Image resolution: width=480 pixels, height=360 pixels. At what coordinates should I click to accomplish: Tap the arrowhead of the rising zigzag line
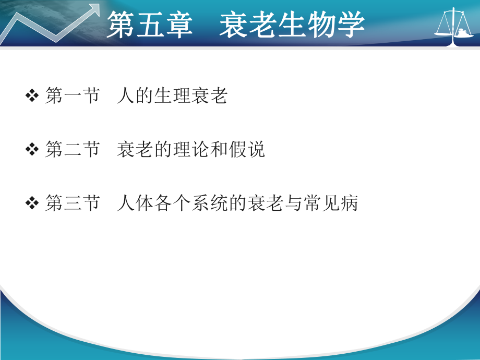point(94,9)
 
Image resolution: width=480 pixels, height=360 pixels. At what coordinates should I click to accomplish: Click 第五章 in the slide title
point(150,25)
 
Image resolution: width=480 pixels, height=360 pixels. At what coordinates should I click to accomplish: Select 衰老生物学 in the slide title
point(292,25)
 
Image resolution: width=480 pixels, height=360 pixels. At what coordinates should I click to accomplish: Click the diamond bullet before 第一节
point(32,96)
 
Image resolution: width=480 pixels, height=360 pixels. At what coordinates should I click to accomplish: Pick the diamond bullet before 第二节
point(32,150)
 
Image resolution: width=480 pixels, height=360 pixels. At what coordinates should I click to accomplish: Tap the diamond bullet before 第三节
point(32,203)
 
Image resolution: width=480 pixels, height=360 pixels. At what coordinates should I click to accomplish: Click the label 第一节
point(72,96)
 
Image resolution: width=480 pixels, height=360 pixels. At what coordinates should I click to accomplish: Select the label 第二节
point(72,150)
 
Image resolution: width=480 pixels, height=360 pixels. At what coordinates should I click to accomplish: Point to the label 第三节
point(72,203)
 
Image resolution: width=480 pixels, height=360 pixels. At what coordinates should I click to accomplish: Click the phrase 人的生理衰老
point(172,96)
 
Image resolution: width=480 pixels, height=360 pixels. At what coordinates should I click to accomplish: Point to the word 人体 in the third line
point(135,203)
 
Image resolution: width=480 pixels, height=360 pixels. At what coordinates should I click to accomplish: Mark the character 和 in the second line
point(219,150)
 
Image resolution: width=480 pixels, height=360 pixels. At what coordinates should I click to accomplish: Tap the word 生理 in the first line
point(172,96)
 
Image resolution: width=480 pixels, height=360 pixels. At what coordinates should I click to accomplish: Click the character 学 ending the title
point(350,25)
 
